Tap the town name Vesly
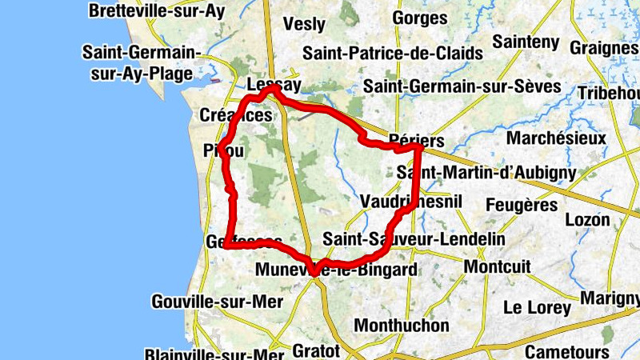pyautogui.click(x=304, y=23)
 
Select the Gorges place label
pyautogui.click(x=419, y=17)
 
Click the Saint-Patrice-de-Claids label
pyautogui.click(x=393, y=54)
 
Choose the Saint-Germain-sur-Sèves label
pyautogui.click(x=462, y=86)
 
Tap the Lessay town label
pyautogui.click(x=274, y=85)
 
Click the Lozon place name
pyautogui.click(x=587, y=219)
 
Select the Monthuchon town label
pyautogui.click(x=402, y=326)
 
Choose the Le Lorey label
pyautogui.click(x=538, y=307)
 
